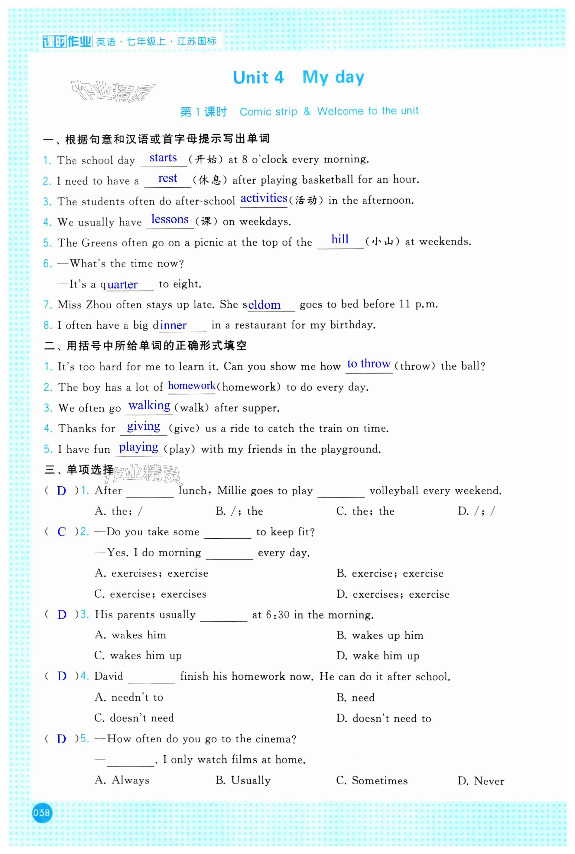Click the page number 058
tap(41, 813)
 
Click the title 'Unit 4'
tap(258, 77)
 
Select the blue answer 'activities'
tap(264, 198)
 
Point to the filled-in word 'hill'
tap(339, 239)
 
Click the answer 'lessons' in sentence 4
tap(170, 219)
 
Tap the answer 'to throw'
tap(369, 364)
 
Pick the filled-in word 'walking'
tap(149, 406)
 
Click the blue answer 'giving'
tap(143, 426)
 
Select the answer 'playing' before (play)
tap(139, 447)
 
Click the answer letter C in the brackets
tap(62, 532)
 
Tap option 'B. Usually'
tap(243, 780)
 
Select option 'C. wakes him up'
tap(138, 655)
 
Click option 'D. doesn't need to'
tap(384, 718)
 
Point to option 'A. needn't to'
tap(129, 697)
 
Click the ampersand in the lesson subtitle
tap(307, 111)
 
